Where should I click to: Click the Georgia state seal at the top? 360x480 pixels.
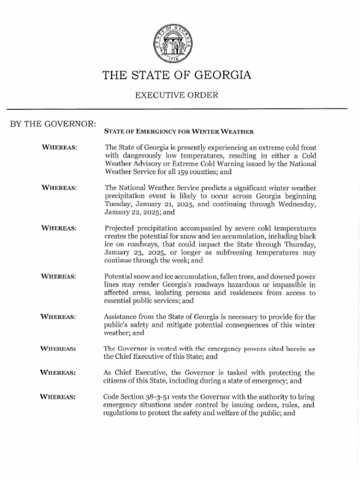tap(173, 44)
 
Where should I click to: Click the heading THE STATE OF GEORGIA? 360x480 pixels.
tap(177, 75)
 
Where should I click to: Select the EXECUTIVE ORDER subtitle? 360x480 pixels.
tap(177, 95)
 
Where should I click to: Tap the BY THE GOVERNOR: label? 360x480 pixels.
tap(53, 124)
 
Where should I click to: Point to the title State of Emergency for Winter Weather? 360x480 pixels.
tap(179, 131)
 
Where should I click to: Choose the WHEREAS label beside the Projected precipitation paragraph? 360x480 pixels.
tap(59, 228)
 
